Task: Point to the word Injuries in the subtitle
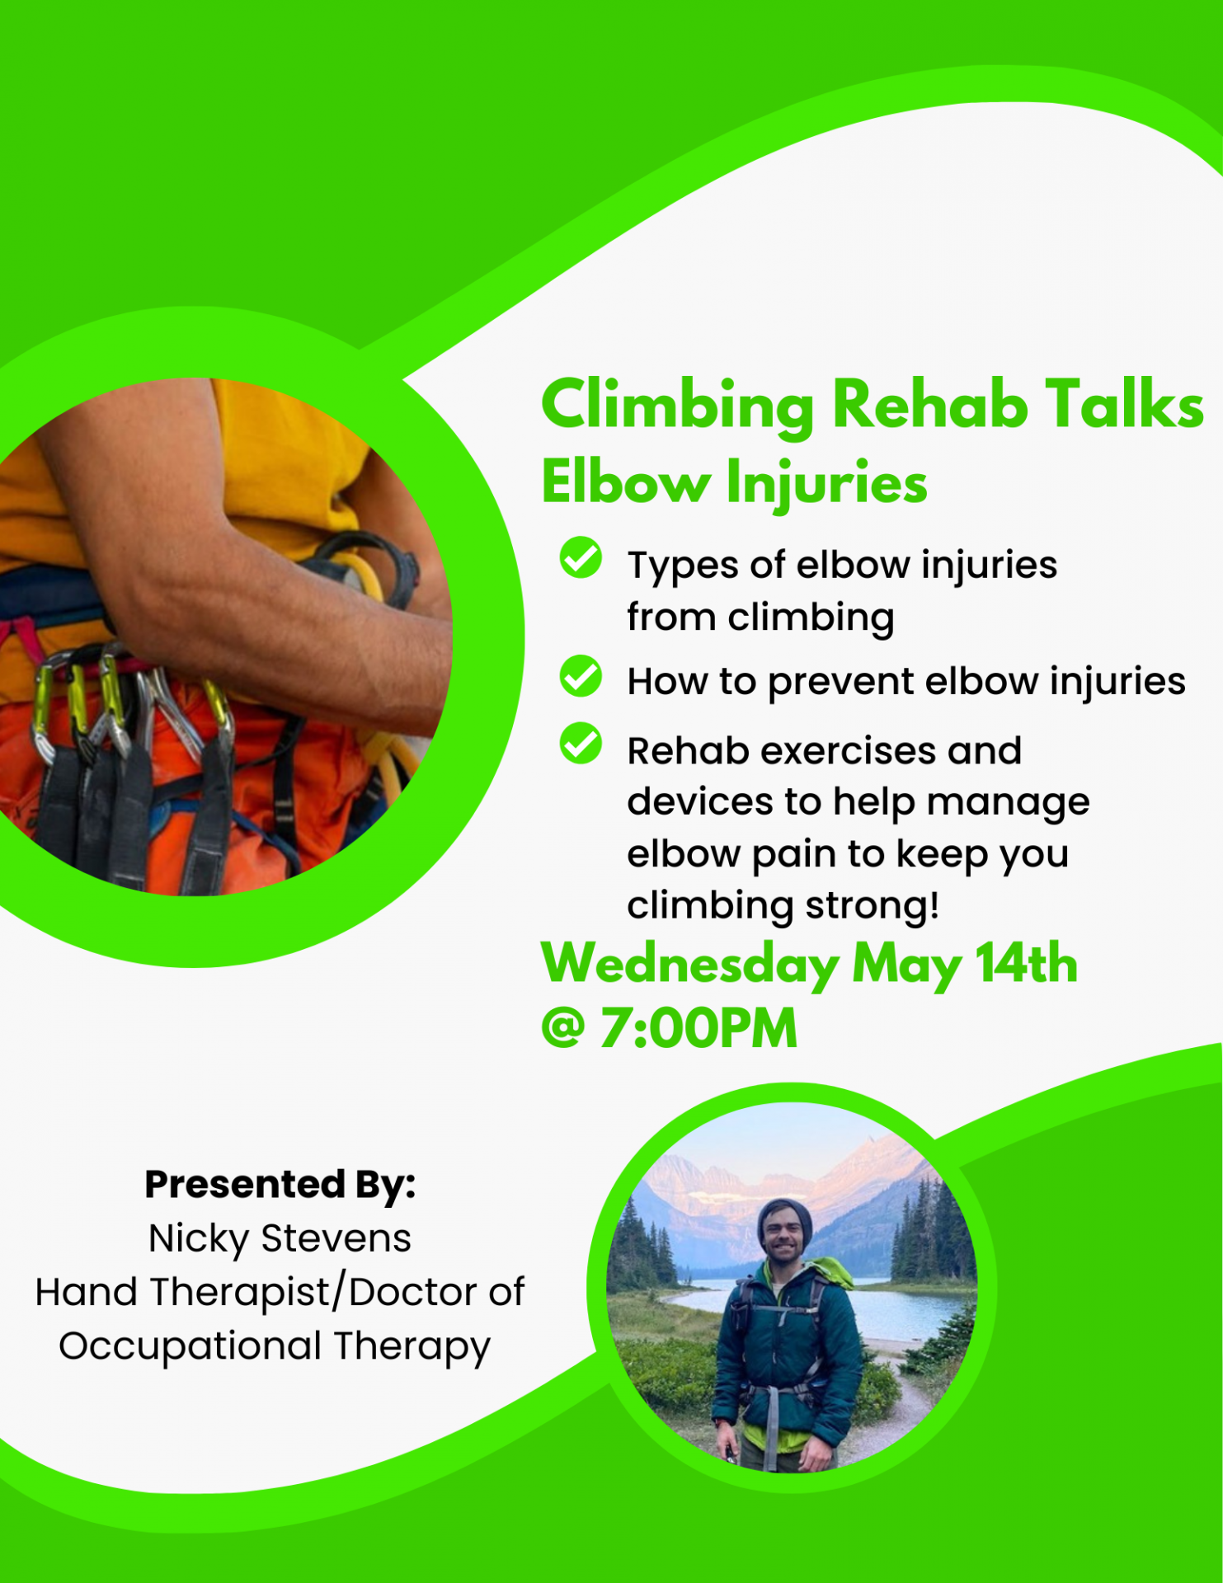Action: [x=826, y=484]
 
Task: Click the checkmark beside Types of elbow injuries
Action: [x=581, y=557]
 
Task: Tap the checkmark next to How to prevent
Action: [x=581, y=676]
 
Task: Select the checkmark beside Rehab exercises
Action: [x=581, y=743]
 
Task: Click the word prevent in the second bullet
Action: [x=841, y=683]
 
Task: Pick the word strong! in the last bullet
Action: [x=873, y=906]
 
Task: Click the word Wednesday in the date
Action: [x=690, y=965]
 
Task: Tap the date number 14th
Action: [x=1027, y=962]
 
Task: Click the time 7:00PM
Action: [x=699, y=1028]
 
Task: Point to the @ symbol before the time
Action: [x=563, y=1029]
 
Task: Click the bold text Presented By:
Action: [x=280, y=1185]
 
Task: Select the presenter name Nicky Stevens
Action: [x=280, y=1238]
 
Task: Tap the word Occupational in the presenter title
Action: [x=190, y=1346]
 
